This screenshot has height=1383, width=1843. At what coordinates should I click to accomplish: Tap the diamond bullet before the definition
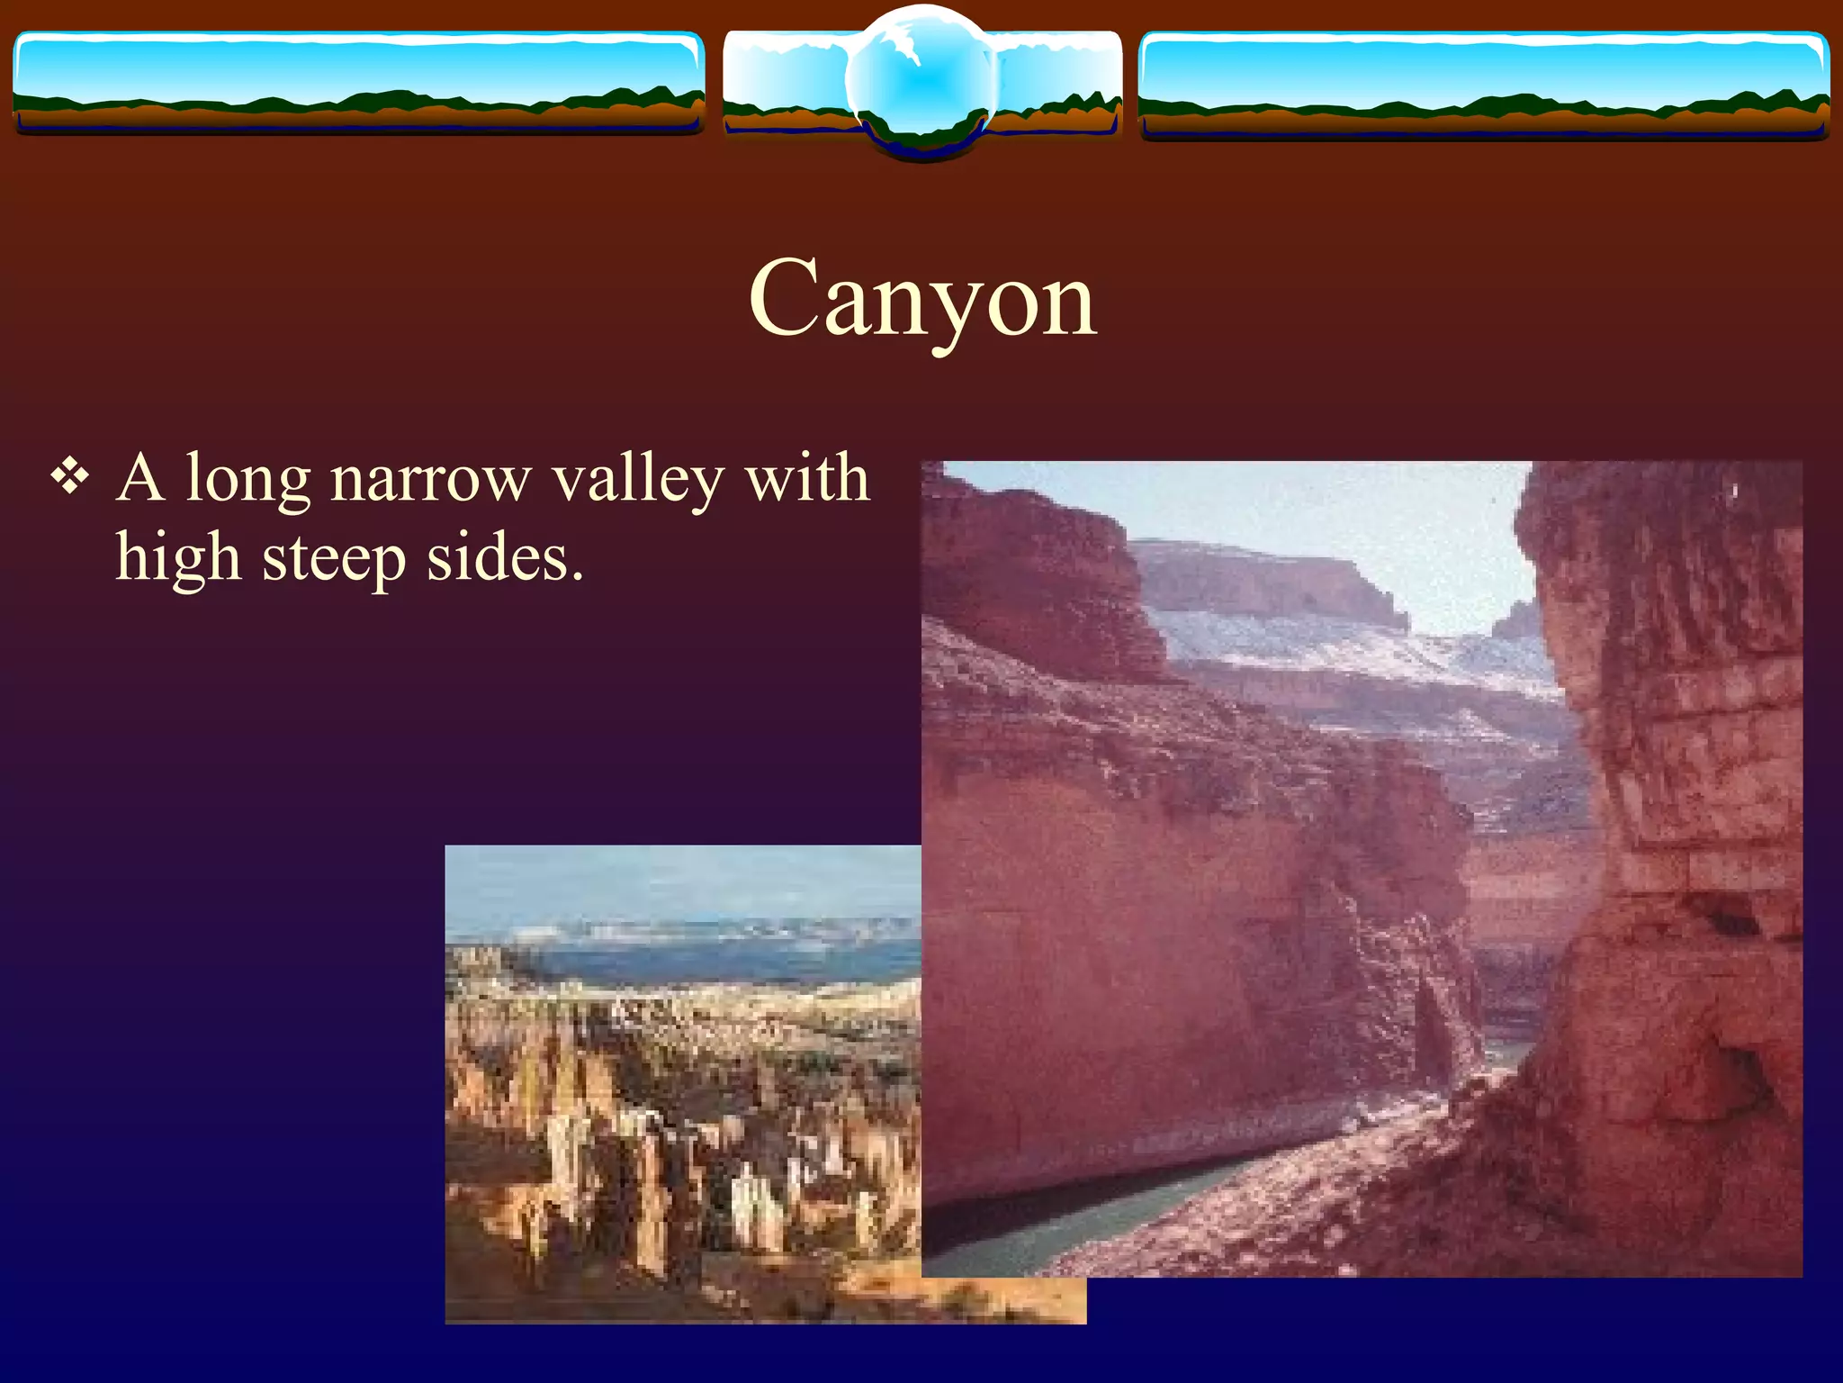click(70, 476)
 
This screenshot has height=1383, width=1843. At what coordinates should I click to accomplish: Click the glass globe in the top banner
click(921, 81)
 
